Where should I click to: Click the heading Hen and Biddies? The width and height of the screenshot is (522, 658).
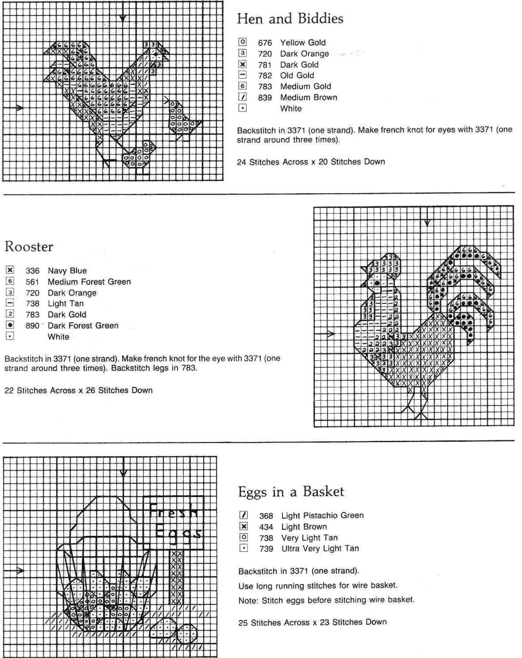pyautogui.click(x=290, y=19)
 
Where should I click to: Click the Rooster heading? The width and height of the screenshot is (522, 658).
pyautogui.click(x=29, y=246)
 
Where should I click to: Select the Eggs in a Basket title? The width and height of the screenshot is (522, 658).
pyautogui.click(x=291, y=492)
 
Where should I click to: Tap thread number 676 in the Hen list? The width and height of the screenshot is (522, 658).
pyautogui.click(x=265, y=43)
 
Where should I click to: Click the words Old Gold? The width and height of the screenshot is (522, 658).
pyautogui.click(x=297, y=76)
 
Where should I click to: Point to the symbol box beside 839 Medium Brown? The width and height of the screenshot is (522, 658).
pyautogui.click(x=243, y=97)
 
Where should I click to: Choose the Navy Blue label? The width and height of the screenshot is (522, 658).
pyautogui.click(x=67, y=271)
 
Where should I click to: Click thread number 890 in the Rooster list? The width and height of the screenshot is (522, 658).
pyautogui.click(x=32, y=326)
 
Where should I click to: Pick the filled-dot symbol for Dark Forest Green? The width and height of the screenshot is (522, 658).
pyautogui.click(x=10, y=325)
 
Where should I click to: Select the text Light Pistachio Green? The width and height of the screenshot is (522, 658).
pyautogui.click(x=322, y=516)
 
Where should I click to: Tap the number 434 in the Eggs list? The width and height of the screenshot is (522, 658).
pyautogui.click(x=266, y=527)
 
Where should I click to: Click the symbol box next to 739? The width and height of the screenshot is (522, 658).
pyautogui.click(x=244, y=548)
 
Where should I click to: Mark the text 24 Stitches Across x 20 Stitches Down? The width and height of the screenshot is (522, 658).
pyautogui.click(x=311, y=162)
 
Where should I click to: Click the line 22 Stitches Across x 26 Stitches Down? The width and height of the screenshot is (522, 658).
pyautogui.click(x=78, y=390)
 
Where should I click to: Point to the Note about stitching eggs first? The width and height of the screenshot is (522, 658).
pyautogui.click(x=326, y=601)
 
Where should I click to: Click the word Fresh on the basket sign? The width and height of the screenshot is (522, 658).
pyautogui.click(x=173, y=512)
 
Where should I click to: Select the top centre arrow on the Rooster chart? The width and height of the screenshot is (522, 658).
pyautogui.click(x=427, y=222)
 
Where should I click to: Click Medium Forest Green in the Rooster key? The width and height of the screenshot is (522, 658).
pyautogui.click(x=89, y=282)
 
